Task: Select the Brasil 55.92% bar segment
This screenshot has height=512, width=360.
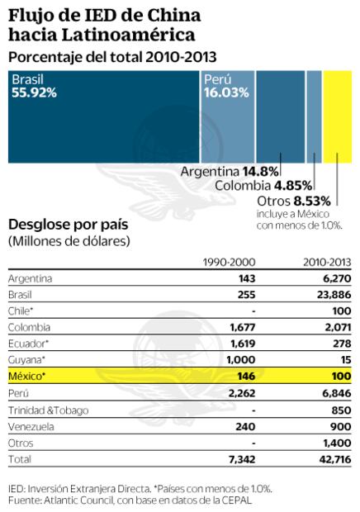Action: click(x=102, y=115)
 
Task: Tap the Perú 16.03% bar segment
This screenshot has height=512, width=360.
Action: click(x=226, y=115)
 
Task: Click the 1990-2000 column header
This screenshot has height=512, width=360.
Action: click(x=229, y=263)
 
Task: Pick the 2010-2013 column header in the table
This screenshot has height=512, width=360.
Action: click(x=325, y=263)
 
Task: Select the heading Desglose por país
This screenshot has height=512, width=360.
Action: click(x=67, y=225)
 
